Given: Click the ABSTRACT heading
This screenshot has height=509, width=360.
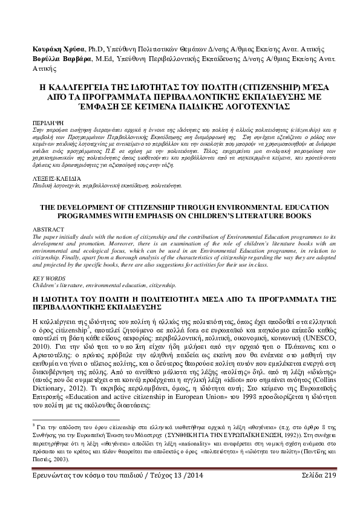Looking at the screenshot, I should point(45,230).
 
